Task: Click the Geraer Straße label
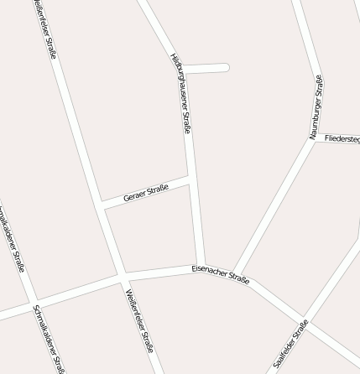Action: (x=146, y=194)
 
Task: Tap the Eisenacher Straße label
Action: (x=220, y=274)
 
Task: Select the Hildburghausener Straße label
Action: (x=181, y=93)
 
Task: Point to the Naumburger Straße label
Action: (x=316, y=107)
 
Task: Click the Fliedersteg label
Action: (x=342, y=138)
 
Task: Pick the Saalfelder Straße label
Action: (x=290, y=344)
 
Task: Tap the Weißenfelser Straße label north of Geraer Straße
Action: (x=46, y=29)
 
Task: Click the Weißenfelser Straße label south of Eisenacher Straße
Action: (x=139, y=320)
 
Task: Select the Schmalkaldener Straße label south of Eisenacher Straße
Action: (x=49, y=339)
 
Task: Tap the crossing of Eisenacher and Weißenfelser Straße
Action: (x=123, y=276)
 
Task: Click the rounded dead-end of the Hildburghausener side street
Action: (x=224, y=68)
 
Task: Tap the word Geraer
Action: (x=134, y=197)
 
